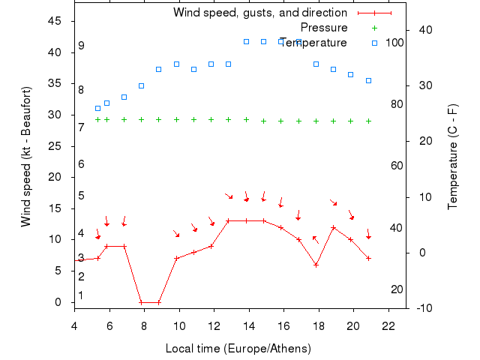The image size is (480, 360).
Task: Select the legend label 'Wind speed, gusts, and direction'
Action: tap(259, 13)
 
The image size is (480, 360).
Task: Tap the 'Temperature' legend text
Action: tap(313, 43)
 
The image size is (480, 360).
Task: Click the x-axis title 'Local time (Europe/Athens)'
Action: tap(238, 349)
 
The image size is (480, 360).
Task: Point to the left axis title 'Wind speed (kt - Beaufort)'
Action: tap(26, 156)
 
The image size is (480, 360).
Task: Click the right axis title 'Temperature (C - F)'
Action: tap(453, 156)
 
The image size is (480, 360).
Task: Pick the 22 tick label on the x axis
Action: tap(388, 325)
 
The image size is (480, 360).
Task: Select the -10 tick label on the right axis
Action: tap(423, 308)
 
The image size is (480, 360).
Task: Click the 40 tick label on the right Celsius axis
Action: tap(423, 30)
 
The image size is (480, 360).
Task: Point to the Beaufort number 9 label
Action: tap(81, 46)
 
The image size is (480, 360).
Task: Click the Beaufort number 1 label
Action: tap(81, 295)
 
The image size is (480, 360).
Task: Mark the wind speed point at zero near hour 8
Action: tap(141, 302)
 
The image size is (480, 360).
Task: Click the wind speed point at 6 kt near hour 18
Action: tap(316, 265)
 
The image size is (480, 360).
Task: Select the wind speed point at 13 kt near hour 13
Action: tap(229, 221)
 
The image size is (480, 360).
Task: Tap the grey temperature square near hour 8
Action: tap(141, 85)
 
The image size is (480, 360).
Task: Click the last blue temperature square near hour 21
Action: tap(368, 80)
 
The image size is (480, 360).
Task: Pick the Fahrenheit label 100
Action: tap(394, 42)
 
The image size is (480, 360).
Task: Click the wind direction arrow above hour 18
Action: tap(316, 240)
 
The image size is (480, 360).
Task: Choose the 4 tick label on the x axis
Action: tap(73, 325)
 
